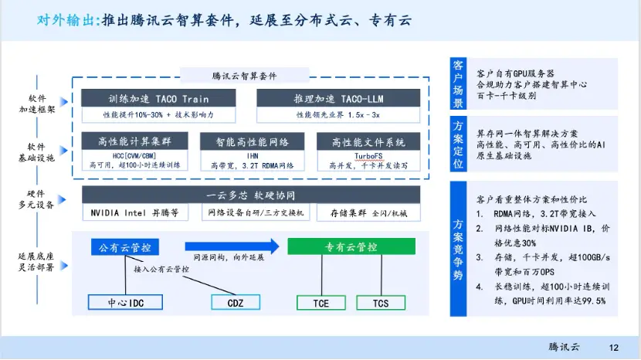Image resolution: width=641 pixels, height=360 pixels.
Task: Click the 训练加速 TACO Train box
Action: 158,99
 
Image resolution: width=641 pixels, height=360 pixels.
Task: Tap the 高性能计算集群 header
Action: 131,142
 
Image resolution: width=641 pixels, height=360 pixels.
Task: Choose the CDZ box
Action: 235,302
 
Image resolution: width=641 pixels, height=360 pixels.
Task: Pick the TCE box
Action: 320,302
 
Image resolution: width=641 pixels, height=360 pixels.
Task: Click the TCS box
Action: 381,302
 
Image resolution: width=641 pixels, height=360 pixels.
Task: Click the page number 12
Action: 614,347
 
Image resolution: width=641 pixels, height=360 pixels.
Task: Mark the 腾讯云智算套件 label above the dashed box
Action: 243,76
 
